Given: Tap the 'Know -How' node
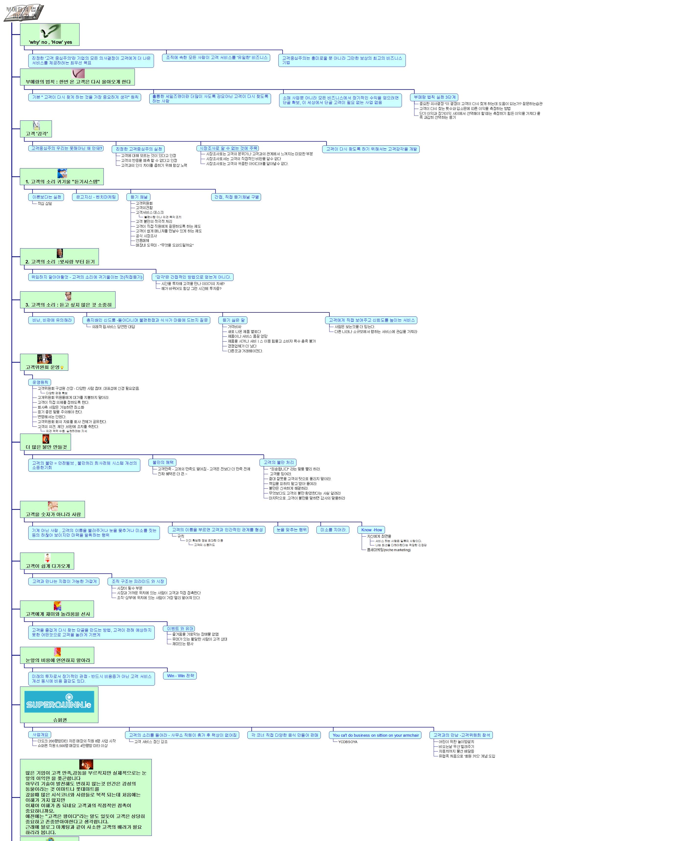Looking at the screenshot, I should pyautogui.click(x=371, y=530).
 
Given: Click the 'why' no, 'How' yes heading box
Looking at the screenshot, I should pyautogui.click(x=50, y=35).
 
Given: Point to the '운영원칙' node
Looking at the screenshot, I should pyautogui.click(x=40, y=382).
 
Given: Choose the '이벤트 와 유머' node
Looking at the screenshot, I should pyautogui.click(x=180, y=628).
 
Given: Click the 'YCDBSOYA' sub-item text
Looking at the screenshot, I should pyautogui.click(x=348, y=742).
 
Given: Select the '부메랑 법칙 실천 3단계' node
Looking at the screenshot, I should pyautogui.click(x=434, y=97).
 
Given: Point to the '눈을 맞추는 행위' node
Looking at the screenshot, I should pyautogui.click(x=291, y=530).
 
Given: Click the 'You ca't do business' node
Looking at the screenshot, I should pyautogui.click(x=375, y=735).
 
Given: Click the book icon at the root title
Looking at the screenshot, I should pyautogui.click(x=24, y=13).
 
